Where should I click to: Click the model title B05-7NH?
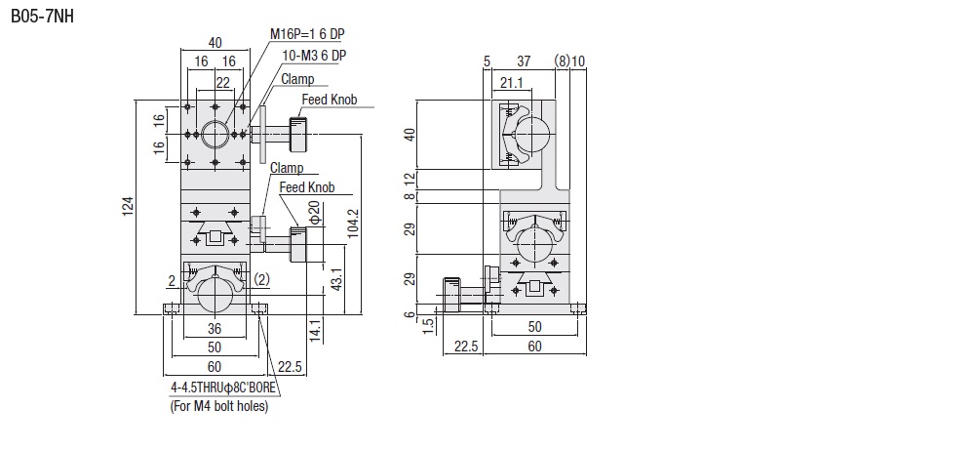(x=42, y=17)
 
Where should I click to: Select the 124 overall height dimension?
(x=128, y=207)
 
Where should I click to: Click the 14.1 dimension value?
(x=317, y=331)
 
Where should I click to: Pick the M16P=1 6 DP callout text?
(x=307, y=33)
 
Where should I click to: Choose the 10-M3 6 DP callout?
(x=314, y=56)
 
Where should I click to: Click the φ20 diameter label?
(x=314, y=214)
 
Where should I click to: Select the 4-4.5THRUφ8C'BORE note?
(x=223, y=388)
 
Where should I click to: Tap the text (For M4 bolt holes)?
(x=219, y=407)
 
